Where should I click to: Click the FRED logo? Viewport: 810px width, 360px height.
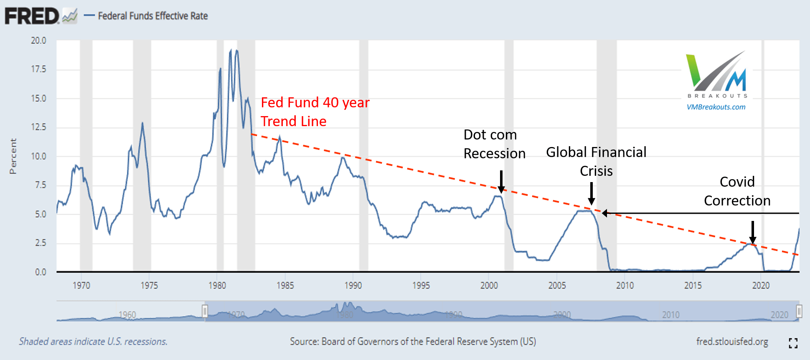point(41,16)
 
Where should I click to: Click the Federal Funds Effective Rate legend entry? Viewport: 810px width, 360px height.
point(146,16)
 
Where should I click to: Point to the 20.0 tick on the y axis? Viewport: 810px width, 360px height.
point(38,41)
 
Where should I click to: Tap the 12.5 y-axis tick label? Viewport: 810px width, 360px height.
point(38,127)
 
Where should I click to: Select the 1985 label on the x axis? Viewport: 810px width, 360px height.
point(285,285)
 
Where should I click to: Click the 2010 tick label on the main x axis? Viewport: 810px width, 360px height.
point(625,285)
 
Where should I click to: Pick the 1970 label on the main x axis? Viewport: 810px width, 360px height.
point(81,285)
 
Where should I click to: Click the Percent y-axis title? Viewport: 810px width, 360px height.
point(13,156)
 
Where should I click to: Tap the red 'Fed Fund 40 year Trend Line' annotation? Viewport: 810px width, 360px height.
point(315,112)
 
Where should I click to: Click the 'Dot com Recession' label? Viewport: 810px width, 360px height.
point(494,144)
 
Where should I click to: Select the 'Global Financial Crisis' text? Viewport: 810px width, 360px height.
point(596,161)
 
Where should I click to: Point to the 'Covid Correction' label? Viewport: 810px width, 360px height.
point(737,191)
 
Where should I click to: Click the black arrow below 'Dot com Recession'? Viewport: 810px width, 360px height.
point(501,182)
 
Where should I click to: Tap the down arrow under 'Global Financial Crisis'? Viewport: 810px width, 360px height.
point(592,193)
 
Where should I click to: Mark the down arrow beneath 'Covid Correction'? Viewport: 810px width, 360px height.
point(753,233)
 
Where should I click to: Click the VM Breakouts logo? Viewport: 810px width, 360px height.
point(716,75)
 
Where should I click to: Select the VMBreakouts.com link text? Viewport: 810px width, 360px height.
point(716,107)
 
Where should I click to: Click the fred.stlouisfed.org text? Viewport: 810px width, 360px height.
point(732,342)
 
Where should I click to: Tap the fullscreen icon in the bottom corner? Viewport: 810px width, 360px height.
point(793,343)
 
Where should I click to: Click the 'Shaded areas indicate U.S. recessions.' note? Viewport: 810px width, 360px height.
point(93,342)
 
